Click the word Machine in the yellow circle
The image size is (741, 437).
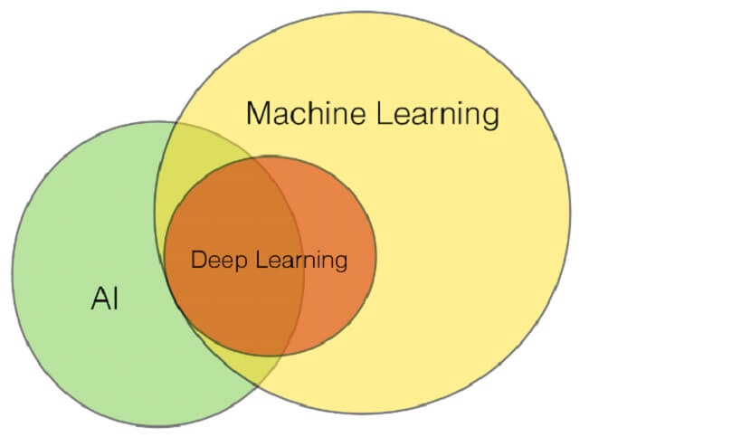point(306,113)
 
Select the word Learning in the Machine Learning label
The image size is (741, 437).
point(438,115)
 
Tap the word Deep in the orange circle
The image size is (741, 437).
point(219,261)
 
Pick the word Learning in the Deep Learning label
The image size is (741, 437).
point(301,261)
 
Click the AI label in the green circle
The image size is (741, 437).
point(105,298)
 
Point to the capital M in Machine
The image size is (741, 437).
point(259,113)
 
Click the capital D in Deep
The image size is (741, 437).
point(199,260)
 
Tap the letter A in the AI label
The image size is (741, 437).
point(101,298)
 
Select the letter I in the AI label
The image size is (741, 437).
point(116,298)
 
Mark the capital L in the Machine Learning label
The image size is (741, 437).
point(385,113)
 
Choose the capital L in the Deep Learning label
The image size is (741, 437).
point(261,260)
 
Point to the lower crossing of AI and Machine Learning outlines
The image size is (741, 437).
point(258,387)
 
